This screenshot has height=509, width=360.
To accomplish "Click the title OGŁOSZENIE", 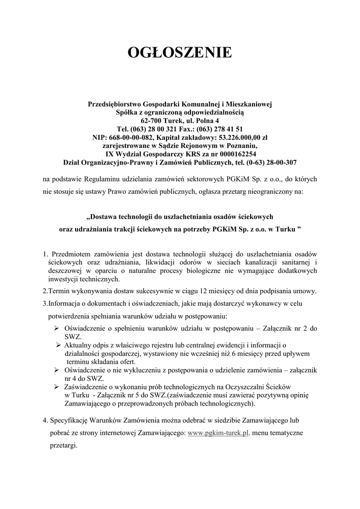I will (x=180, y=53).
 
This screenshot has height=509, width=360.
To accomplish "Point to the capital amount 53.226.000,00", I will (x=238, y=137).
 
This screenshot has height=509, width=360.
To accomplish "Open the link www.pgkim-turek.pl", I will (x=218, y=433).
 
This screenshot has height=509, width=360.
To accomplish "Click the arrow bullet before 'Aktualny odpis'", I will (x=59, y=345).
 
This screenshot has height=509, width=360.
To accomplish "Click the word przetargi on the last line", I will (x=64, y=446).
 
